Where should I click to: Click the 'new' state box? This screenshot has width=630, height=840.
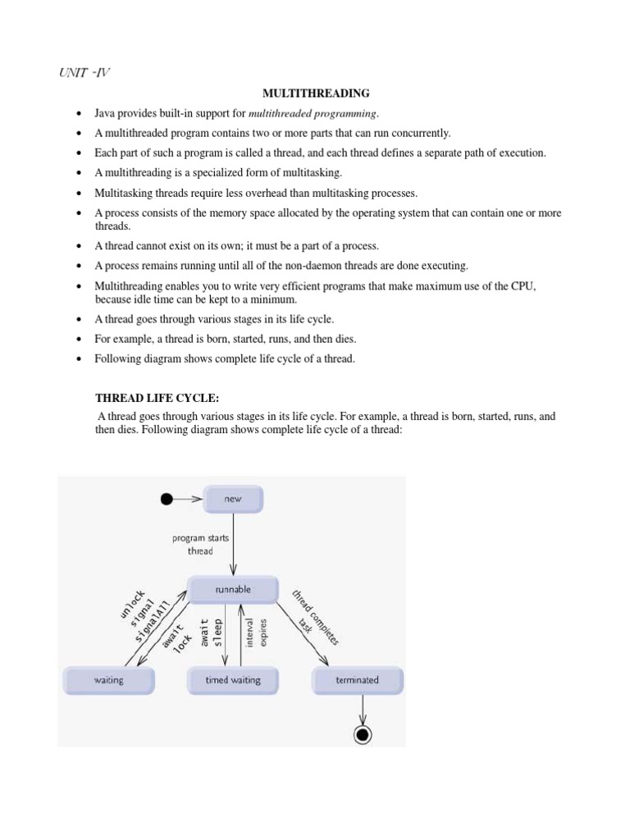click(234, 498)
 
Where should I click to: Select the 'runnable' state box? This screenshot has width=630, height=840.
click(234, 589)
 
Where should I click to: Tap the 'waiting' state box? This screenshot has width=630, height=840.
click(108, 680)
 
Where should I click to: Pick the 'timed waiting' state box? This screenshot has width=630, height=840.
click(234, 680)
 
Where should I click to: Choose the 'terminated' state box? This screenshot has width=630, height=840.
click(358, 680)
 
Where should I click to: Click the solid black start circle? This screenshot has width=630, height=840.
click(167, 498)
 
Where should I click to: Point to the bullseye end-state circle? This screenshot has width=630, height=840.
click(362, 734)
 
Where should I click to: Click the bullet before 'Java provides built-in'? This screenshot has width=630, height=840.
click(77, 114)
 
